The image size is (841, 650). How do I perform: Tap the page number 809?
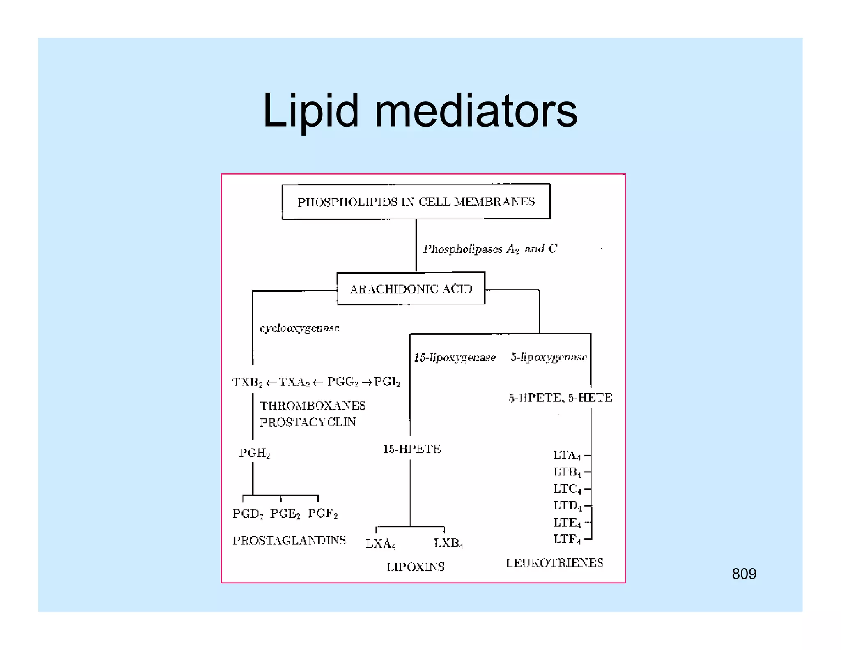744,574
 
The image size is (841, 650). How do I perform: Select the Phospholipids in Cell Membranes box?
416,202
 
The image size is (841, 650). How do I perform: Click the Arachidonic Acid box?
411,289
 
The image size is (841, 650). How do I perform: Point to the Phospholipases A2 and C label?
490,249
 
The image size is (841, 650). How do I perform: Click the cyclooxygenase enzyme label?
299,328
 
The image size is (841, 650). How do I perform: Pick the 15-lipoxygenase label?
455,357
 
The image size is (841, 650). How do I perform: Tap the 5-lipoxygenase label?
549,357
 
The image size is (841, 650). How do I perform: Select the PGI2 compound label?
387,382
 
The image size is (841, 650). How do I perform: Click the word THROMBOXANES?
313,406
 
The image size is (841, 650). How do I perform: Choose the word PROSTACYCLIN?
308,422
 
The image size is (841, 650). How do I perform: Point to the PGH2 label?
254,453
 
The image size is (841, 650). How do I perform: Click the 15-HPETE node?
412,449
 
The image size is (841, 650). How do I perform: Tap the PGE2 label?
285,514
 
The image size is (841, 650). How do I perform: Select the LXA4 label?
380,544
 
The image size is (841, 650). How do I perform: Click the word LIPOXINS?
416,567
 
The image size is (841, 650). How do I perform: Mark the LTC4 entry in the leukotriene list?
567,489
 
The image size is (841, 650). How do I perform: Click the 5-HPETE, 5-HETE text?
561,398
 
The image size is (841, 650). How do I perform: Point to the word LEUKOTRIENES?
554,563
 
